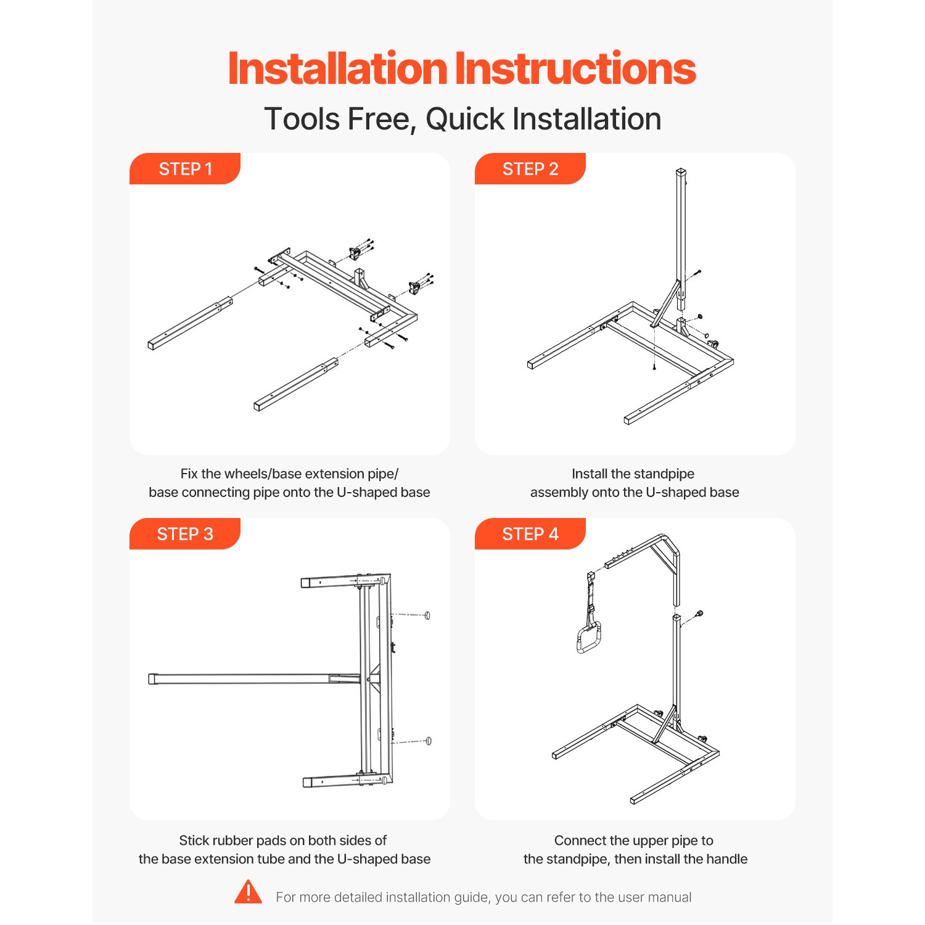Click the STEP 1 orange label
185,169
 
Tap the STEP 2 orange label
530,169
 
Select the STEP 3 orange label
185,534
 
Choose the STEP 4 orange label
530,534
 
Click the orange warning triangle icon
249,893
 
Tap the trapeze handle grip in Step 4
588,639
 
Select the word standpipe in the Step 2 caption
664,474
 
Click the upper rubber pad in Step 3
427,615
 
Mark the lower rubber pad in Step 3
429,741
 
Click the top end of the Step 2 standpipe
681,172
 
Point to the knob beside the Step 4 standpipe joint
699,614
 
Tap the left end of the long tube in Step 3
153,679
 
